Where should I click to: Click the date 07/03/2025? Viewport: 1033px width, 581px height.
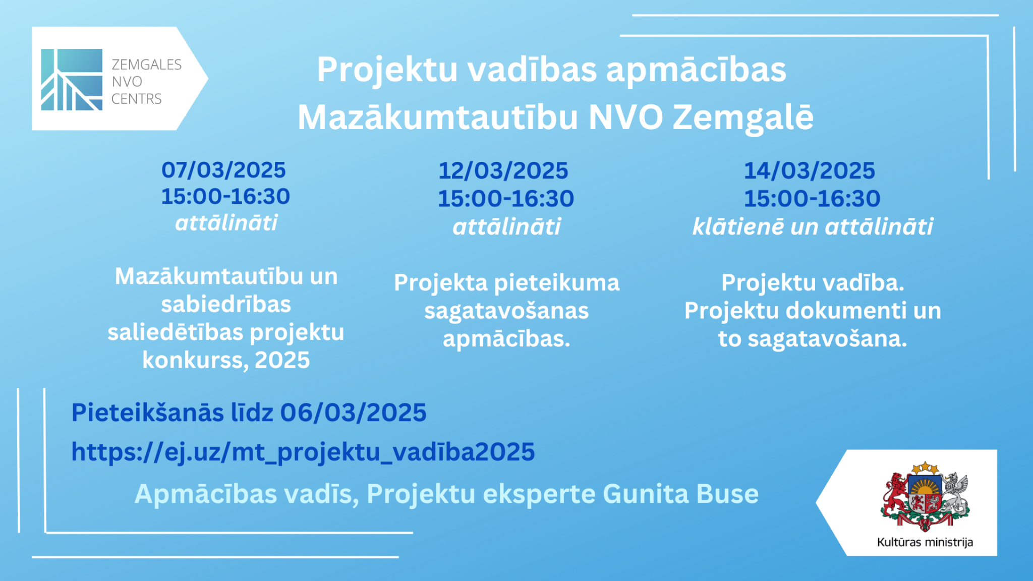223,170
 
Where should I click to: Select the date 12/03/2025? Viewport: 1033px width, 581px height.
503,170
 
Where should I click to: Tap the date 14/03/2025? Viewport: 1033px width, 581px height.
810,170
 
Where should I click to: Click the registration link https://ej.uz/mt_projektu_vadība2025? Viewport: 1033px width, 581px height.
303,452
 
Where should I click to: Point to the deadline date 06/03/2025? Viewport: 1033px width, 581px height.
354,413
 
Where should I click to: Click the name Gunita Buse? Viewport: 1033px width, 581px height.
681,494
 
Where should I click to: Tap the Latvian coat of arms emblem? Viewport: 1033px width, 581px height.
925,496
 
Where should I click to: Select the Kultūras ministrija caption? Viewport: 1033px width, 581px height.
925,542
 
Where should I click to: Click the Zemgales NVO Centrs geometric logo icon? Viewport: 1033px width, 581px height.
72,80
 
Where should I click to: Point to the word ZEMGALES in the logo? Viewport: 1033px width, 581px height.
146,65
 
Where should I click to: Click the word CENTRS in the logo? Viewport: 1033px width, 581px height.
137,99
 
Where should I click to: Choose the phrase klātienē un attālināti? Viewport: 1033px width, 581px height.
813,226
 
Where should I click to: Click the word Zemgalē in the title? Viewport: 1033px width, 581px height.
743,118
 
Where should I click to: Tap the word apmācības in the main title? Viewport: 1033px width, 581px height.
696,70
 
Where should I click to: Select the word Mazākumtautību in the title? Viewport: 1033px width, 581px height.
438,118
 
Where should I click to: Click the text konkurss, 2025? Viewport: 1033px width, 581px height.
226,360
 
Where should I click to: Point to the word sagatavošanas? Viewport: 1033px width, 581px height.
506,311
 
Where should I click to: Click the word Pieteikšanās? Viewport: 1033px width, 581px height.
148,413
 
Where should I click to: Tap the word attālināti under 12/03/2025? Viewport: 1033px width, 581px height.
506,226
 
